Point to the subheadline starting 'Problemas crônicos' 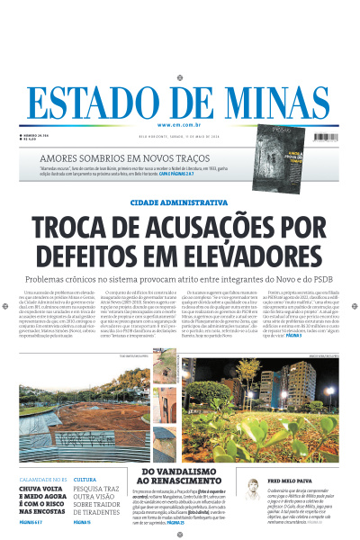pos(179,281)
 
